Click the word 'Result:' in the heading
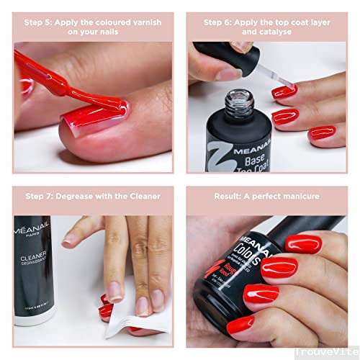(232, 195)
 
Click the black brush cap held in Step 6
(216, 54)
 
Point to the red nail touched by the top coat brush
(284, 91)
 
